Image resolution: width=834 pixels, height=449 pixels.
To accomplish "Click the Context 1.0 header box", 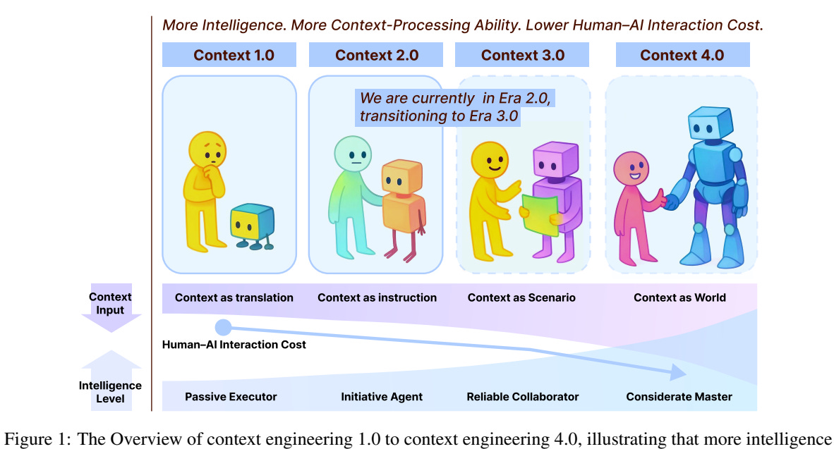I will [x=234, y=55].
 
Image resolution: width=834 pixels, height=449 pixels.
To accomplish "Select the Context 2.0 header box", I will [x=376, y=55].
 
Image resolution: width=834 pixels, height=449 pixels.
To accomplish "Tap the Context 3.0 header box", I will [x=523, y=55].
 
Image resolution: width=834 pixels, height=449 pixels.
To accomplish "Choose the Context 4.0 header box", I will [x=682, y=55].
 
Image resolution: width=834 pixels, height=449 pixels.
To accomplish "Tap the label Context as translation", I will [x=234, y=297].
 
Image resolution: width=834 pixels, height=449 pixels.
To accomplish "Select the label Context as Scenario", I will [x=521, y=297].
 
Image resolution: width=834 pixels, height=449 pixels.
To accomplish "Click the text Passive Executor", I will [x=231, y=397].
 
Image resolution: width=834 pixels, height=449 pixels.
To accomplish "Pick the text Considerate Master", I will [x=679, y=397].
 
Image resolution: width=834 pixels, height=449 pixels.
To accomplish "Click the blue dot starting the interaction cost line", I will [x=223, y=327].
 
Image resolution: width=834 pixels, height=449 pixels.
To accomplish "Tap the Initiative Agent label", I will [x=382, y=397].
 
